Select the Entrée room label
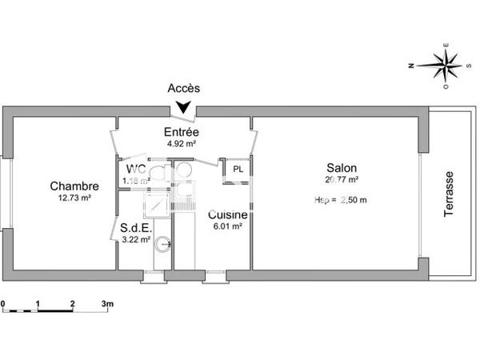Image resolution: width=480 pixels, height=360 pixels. (x=182, y=132)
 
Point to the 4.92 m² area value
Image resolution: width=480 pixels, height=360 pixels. (x=182, y=144)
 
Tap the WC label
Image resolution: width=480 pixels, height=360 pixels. (x=135, y=169)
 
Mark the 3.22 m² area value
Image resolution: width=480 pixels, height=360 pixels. (x=134, y=238)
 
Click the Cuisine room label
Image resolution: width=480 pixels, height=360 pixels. (x=228, y=214)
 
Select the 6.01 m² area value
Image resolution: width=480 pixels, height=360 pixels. (x=228, y=226)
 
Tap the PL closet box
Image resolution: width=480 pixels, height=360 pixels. (x=238, y=170)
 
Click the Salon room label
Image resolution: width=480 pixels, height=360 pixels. (x=342, y=168)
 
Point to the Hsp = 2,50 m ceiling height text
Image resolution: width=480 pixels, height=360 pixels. (x=341, y=199)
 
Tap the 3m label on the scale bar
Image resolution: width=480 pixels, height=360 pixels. (x=108, y=304)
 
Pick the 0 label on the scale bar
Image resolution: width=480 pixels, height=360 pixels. (x=3, y=304)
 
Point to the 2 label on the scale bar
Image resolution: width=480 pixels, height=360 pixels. (x=73, y=304)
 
